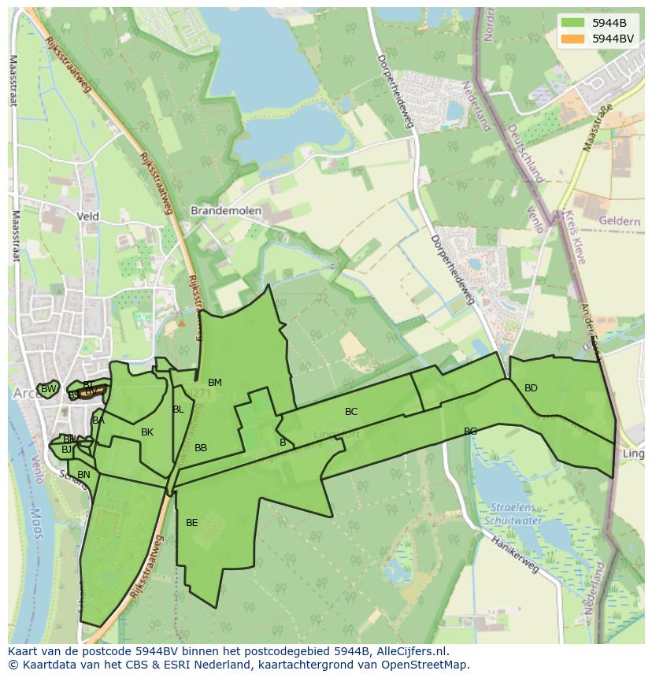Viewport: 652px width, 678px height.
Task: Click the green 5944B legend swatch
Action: coord(572,23)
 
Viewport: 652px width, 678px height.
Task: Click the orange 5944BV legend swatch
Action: coord(572,38)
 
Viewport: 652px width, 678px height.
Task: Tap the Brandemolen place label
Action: coord(226,211)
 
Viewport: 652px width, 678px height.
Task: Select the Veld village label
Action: coord(88,216)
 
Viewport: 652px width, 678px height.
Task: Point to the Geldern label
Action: coord(619,221)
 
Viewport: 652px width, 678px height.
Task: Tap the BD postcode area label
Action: coord(531,387)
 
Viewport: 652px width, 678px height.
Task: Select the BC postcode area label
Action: coord(351,411)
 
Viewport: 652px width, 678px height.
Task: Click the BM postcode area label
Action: coord(215,383)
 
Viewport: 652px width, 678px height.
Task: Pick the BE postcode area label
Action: coord(192,522)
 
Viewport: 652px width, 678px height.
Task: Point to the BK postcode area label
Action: coord(147,432)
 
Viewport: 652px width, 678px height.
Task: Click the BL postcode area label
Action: coord(178,409)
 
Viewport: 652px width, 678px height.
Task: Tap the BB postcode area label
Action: coord(201,448)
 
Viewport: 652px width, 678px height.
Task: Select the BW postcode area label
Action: coord(49,389)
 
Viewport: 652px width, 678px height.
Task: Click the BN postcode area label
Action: coord(83,475)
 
